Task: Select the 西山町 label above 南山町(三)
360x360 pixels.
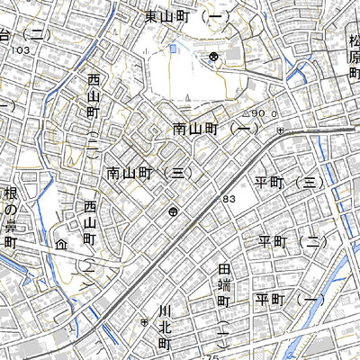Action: click(x=93, y=112)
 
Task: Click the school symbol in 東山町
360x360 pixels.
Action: click(x=213, y=57)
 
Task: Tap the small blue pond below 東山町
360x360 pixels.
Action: click(x=173, y=49)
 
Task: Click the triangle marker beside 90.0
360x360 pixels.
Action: click(x=245, y=114)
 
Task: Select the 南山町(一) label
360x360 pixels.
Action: click(x=214, y=130)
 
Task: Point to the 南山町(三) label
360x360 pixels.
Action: click(x=148, y=172)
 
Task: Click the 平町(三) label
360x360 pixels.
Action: click(x=288, y=182)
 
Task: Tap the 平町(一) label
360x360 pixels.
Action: click(x=288, y=299)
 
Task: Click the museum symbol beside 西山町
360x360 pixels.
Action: click(x=61, y=243)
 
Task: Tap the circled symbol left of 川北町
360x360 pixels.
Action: click(x=144, y=321)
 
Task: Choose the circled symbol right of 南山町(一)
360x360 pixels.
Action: click(x=281, y=131)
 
